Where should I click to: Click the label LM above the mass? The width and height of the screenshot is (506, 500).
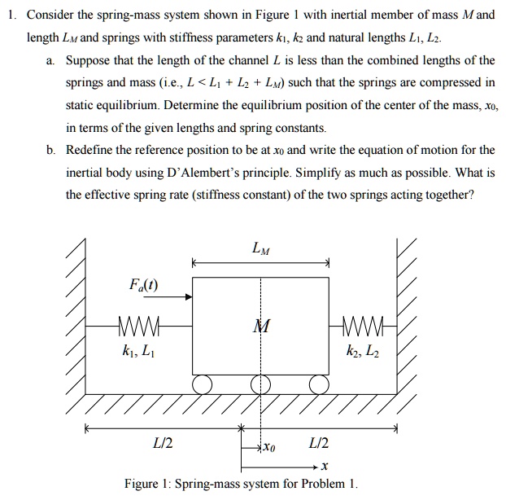click(x=260, y=248)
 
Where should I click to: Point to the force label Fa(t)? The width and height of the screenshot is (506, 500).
click(x=144, y=285)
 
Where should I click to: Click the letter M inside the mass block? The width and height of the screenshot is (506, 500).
click(x=260, y=327)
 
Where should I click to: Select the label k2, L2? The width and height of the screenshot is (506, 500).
click(x=362, y=353)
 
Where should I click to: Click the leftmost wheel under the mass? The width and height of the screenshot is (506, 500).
click(x=203, y=383)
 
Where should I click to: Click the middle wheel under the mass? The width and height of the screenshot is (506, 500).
click(x=260, y=383)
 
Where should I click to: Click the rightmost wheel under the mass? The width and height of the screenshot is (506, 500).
click(x=318, y=383)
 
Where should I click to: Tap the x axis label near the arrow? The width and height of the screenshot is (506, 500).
click(x=324, y=467)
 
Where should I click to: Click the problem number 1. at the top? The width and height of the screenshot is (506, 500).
click(x=11, y=16)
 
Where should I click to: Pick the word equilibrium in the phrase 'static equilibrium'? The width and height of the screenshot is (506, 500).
click(x=138, y=106)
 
